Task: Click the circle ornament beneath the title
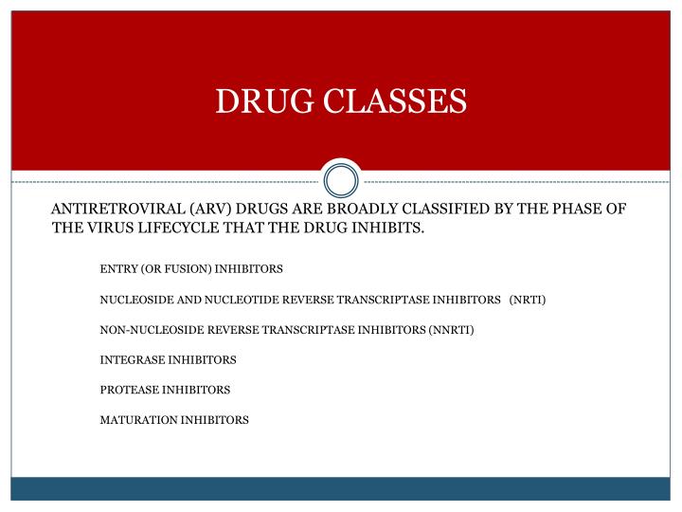click(x=341, y=179)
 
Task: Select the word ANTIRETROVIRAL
click(x=116, y=209)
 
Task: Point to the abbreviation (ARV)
click(x=210, y=209)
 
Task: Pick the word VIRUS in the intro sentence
click(x=107, y=229)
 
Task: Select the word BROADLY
click(x=369, y=209)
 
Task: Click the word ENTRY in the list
click(x=117, y=269)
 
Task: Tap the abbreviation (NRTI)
click(x=528, y=300)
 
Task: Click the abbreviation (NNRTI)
click(x=450, y=330)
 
